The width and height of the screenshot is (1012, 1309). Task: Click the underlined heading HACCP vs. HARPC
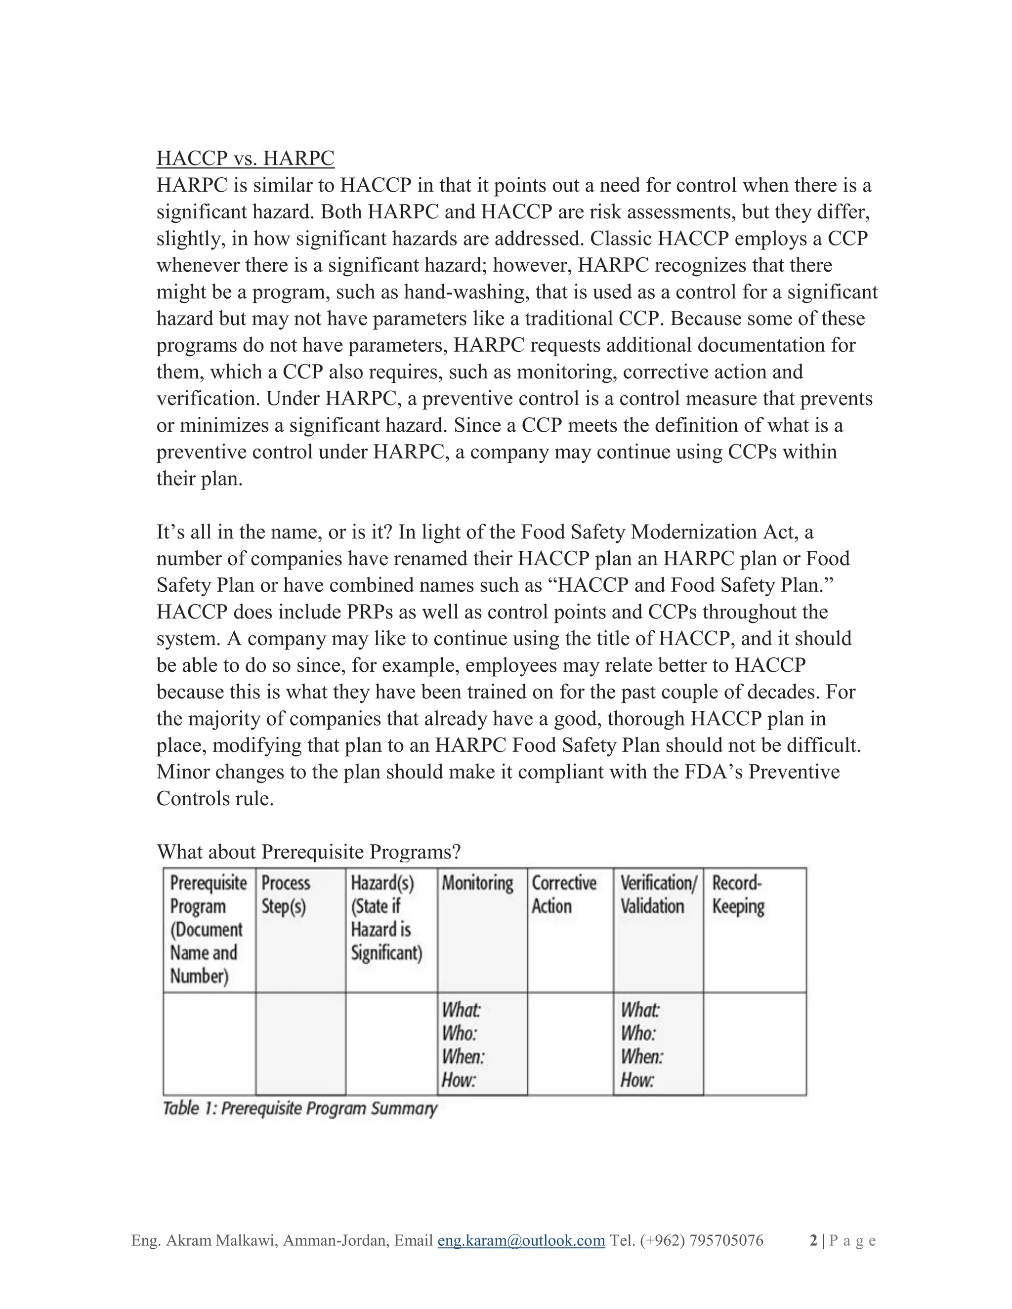(x=245, y=158)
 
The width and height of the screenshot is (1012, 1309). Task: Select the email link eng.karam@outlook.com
(x=521, y=1240)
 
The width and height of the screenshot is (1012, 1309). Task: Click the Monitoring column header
(x=478, y=884)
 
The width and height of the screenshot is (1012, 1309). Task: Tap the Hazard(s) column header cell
(x=387, y=918)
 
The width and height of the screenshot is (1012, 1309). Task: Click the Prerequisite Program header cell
(x=208, y=929)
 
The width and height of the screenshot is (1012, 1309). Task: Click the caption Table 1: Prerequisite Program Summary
(x=300, y=1108)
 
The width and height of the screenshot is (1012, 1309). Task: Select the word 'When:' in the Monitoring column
(x=463, y=1056)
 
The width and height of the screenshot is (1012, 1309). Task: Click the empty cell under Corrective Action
(x=570, y=1043)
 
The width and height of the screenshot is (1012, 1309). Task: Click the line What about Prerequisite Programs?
(x=309, y=852)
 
